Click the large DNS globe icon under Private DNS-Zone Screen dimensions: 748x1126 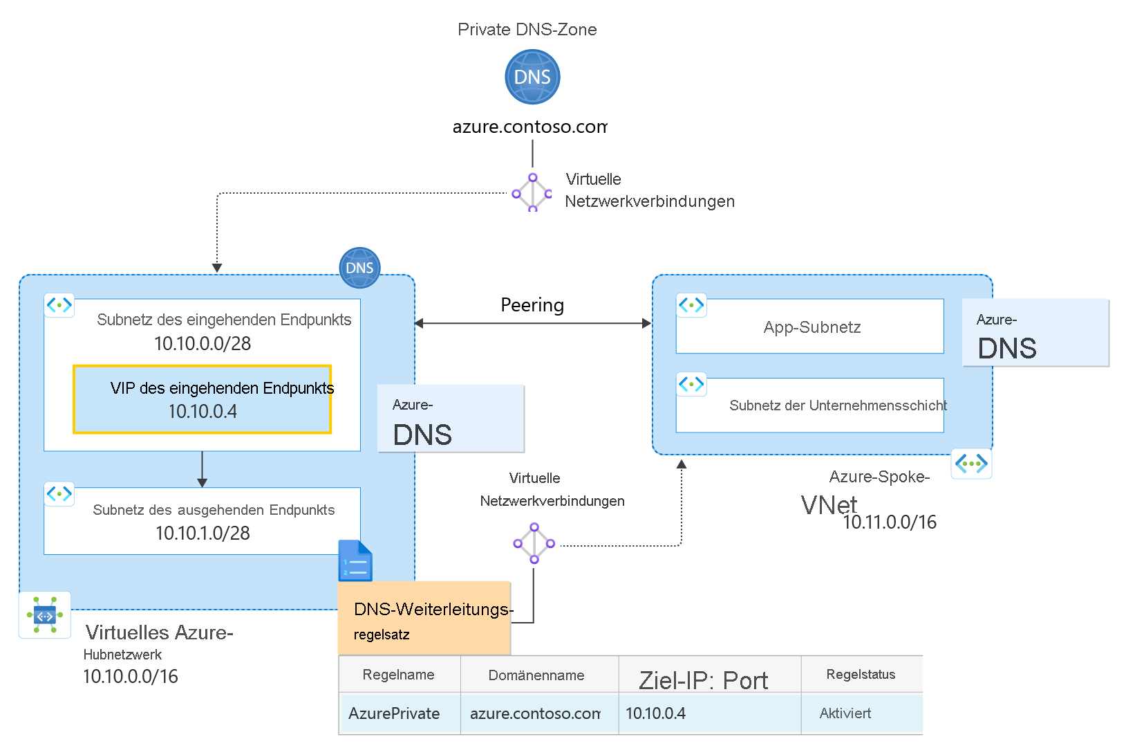click(532, 77)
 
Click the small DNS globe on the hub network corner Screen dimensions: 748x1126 click(359, 268)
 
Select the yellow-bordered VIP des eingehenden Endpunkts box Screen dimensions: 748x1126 click(203, 400)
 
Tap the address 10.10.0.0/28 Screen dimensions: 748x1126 click(203, 344)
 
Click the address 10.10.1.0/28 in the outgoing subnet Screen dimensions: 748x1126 click(203, 533)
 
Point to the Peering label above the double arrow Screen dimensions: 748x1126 click(532, 305)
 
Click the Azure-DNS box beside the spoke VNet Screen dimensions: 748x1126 click(1035, 334)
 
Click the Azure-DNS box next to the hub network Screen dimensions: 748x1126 click(451, 419)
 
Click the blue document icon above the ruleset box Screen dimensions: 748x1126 click(355, 561)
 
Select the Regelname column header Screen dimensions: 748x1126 click(399, 675)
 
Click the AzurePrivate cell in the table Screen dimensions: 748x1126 click(394, 713)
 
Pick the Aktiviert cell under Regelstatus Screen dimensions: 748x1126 click(845, 713)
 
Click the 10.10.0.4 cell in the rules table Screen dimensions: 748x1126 click(655, 713)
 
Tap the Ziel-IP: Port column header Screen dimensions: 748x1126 click(703, 680)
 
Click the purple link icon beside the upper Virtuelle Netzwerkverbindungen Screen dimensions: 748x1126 click(532, 193)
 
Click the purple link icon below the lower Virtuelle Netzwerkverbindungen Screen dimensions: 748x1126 click(534, 543)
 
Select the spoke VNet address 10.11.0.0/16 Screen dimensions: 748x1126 click(890, 522)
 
